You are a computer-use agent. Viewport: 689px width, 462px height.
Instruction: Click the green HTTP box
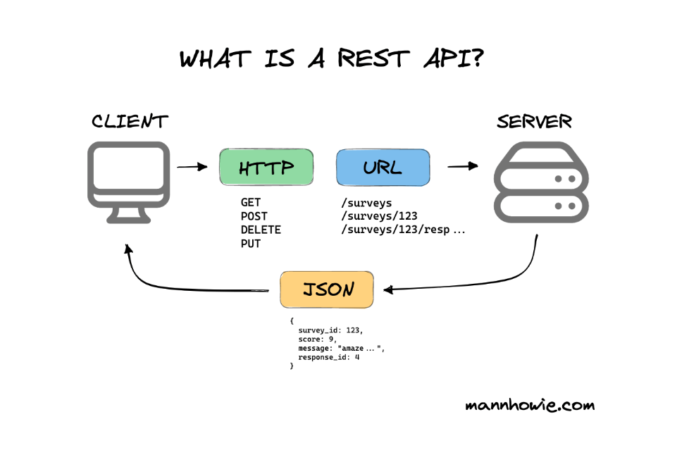(x=266, y=168)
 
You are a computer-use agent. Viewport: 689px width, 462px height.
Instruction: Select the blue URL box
(x=383, y=168)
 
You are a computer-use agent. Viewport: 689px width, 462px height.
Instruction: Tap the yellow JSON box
(x=327, y=289)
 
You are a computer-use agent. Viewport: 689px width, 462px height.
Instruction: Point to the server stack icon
(x=541, y=182)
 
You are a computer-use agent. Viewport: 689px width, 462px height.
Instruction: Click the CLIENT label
(x=130, y=121)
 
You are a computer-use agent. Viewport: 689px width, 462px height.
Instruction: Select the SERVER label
(x=534, y=121)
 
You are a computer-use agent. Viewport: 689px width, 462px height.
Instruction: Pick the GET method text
(x=251, y=203)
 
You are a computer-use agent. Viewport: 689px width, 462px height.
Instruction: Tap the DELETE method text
(x=261, y=230)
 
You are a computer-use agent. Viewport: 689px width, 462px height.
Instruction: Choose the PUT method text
(x=251, y=244)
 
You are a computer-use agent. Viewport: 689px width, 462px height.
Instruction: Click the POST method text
(x=254, y=216)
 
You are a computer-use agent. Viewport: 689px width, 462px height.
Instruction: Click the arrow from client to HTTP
(x=192, y=167)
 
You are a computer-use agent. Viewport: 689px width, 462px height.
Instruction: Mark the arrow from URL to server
(x=463, y=166)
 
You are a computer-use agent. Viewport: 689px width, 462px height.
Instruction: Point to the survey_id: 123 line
(x=330, y=330)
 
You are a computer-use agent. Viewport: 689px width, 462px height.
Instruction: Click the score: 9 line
(x=315, y=339)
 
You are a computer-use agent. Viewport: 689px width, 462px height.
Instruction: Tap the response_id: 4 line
(x=329, y=357)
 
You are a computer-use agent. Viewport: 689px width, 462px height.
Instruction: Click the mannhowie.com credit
(x=530, y=405)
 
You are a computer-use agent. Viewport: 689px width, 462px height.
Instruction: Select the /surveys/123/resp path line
(x=403, y=230)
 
